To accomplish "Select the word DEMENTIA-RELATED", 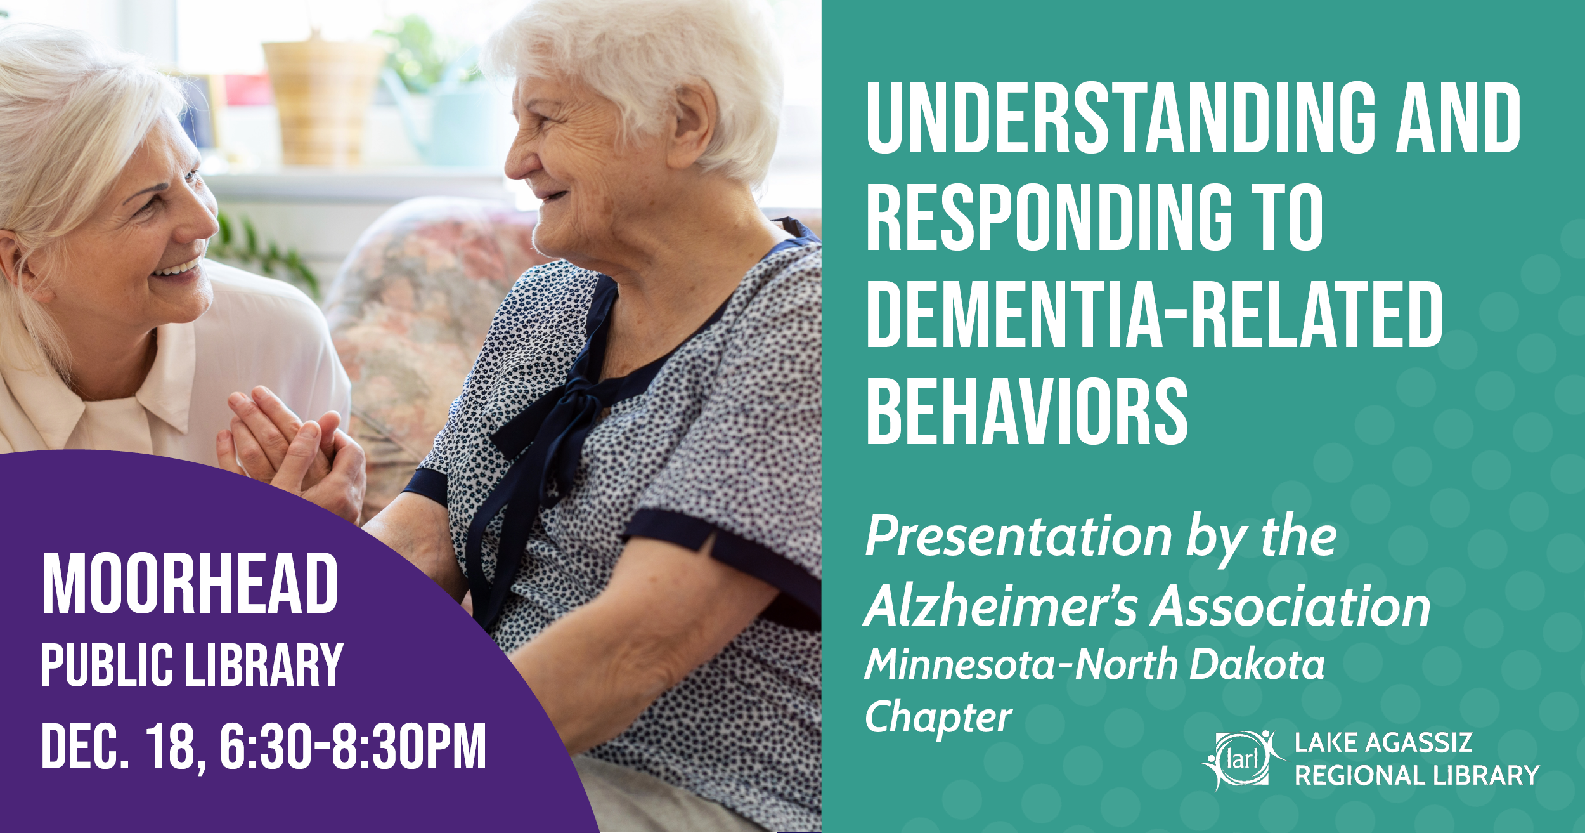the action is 1154,315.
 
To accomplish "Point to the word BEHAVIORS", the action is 1026,411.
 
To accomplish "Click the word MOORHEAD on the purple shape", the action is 190,583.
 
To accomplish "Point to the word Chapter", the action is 938,718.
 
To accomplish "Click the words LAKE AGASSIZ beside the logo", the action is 1383,742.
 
